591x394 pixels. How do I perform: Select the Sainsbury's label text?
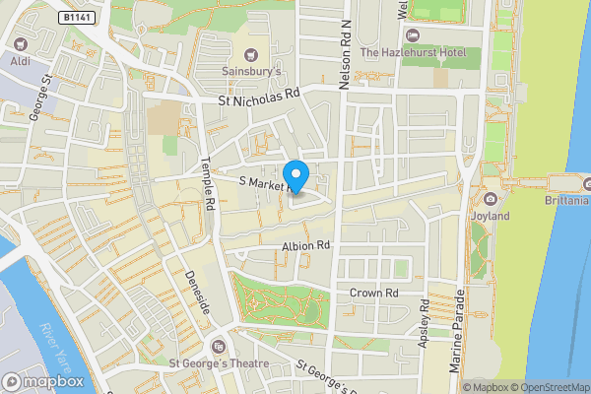pyautogui.click(x=251, y=71)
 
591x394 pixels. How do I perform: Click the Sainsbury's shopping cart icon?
pyautogui.click(x=251, y=54)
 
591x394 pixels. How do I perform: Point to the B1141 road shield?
pyautogui.click(x=76, y=18)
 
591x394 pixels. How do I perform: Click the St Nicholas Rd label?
pyautogui.click(x=258, y=97)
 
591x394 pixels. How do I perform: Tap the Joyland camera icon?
pyautogui.click(x=491, y=199)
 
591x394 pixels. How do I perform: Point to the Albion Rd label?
pyautogui.click(x=304, y=245)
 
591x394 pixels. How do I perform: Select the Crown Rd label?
pyautogui.click(x=373, y=293)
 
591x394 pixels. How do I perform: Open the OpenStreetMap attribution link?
pyautogui.click(x=544, y=386)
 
